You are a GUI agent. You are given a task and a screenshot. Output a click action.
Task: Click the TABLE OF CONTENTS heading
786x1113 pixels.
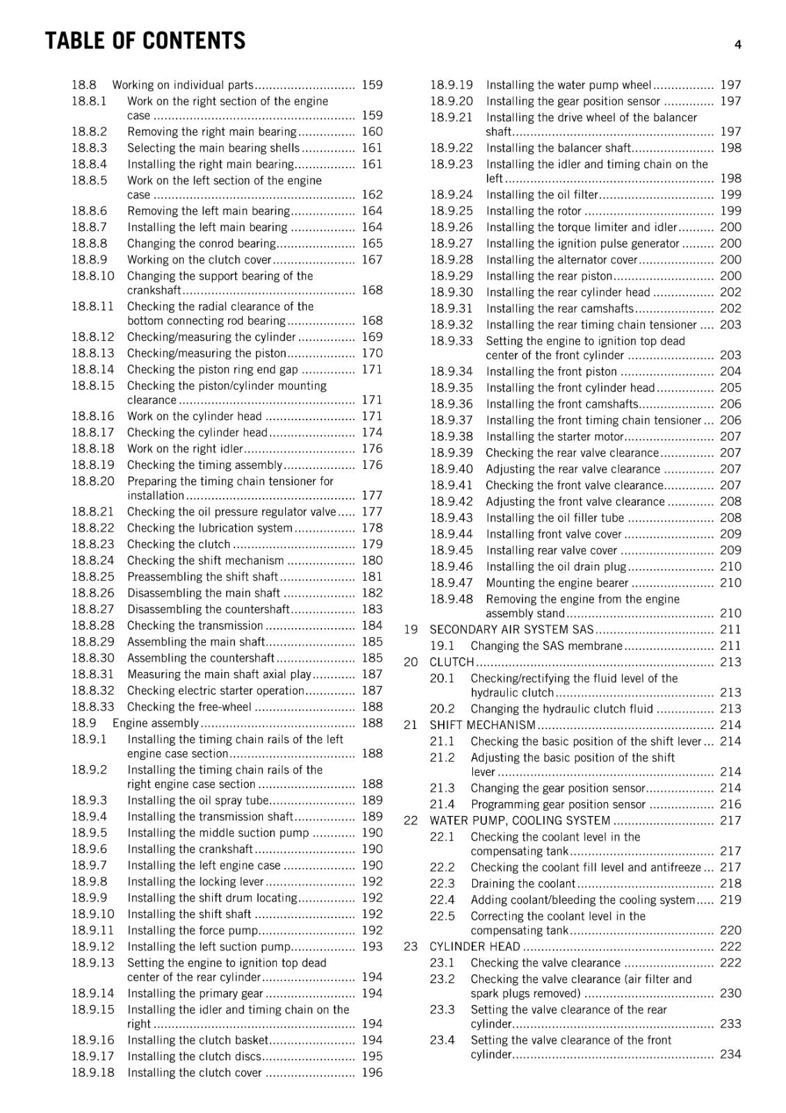coord(145,41)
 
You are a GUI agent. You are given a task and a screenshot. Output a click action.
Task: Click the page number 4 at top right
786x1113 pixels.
coord(737,45)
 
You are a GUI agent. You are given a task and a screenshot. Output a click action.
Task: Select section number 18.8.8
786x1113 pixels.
coord(89,243)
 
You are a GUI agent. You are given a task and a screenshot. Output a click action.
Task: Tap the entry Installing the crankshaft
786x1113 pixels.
coord(190,849)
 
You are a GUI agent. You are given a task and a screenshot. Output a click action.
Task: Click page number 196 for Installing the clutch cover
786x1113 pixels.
coord(372,1072)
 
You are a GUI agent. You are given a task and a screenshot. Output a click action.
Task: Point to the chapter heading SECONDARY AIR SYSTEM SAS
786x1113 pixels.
coord(511,630)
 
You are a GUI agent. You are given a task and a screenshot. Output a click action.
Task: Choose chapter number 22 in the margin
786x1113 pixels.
coord(410,820)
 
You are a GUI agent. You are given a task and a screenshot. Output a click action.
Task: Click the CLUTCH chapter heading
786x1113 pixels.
coord(451,662)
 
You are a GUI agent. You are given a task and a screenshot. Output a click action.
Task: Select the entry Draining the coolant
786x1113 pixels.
coord(522,883)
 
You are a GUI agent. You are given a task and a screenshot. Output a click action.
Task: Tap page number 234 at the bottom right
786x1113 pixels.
coord(730,1054)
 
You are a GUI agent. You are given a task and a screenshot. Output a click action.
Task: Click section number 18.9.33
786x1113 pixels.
coord(451,341)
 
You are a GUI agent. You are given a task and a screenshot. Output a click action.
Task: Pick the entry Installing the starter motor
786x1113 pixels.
coord(554,436)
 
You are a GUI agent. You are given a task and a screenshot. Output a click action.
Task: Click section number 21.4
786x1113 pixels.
coord(442,804)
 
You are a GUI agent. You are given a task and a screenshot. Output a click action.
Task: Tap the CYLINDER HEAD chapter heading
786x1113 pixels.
coord(474,946)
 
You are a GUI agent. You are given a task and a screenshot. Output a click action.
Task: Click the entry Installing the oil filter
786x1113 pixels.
coord(542,195)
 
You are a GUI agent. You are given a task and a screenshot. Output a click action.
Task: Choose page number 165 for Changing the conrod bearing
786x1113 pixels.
coord(372,243)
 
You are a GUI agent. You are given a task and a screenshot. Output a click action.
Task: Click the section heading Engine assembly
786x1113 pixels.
coord(155,723)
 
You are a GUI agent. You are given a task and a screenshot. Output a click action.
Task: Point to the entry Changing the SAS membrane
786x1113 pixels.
coord(546,646)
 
